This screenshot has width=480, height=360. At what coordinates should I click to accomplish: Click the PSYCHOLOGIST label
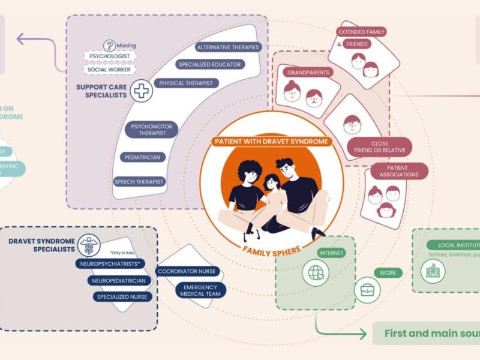tap(110, 56)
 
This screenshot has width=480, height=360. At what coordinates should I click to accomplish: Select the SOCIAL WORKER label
tap(110, 70)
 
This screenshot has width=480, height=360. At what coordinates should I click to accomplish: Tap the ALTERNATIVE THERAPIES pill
tap(228, 47)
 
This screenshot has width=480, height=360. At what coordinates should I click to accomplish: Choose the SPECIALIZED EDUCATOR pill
tap(209, 64)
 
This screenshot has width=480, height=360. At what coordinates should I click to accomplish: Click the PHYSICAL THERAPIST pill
tap(185, 83)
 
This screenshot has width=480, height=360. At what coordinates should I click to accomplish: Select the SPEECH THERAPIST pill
tap(139, 181)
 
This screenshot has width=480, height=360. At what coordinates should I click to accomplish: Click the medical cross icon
tap(142, 91)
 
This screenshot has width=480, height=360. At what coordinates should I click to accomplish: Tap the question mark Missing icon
tap(109, 45)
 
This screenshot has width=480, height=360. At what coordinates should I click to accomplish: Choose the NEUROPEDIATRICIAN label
tap(118, 280)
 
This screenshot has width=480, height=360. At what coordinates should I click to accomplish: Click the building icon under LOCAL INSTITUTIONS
tap(431, 272)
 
